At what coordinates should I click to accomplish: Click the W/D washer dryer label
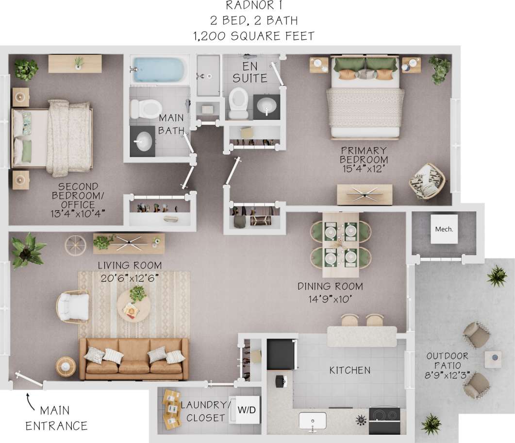(x=246, y=409)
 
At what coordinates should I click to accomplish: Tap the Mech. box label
(x=444, y=229)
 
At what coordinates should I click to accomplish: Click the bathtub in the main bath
(x=159, y=69)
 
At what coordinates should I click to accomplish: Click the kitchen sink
(x=312, y=420)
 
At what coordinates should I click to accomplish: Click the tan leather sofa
(x=134, y=359)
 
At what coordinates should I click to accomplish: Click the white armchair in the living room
(x=73, y=307)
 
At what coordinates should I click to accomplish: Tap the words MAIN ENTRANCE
(x=56, y=418)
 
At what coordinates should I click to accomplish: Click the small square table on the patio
(x=494, y=359)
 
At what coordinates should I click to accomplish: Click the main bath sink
(x=142, y=141)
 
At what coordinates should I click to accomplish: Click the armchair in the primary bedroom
(x=427, y=181)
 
